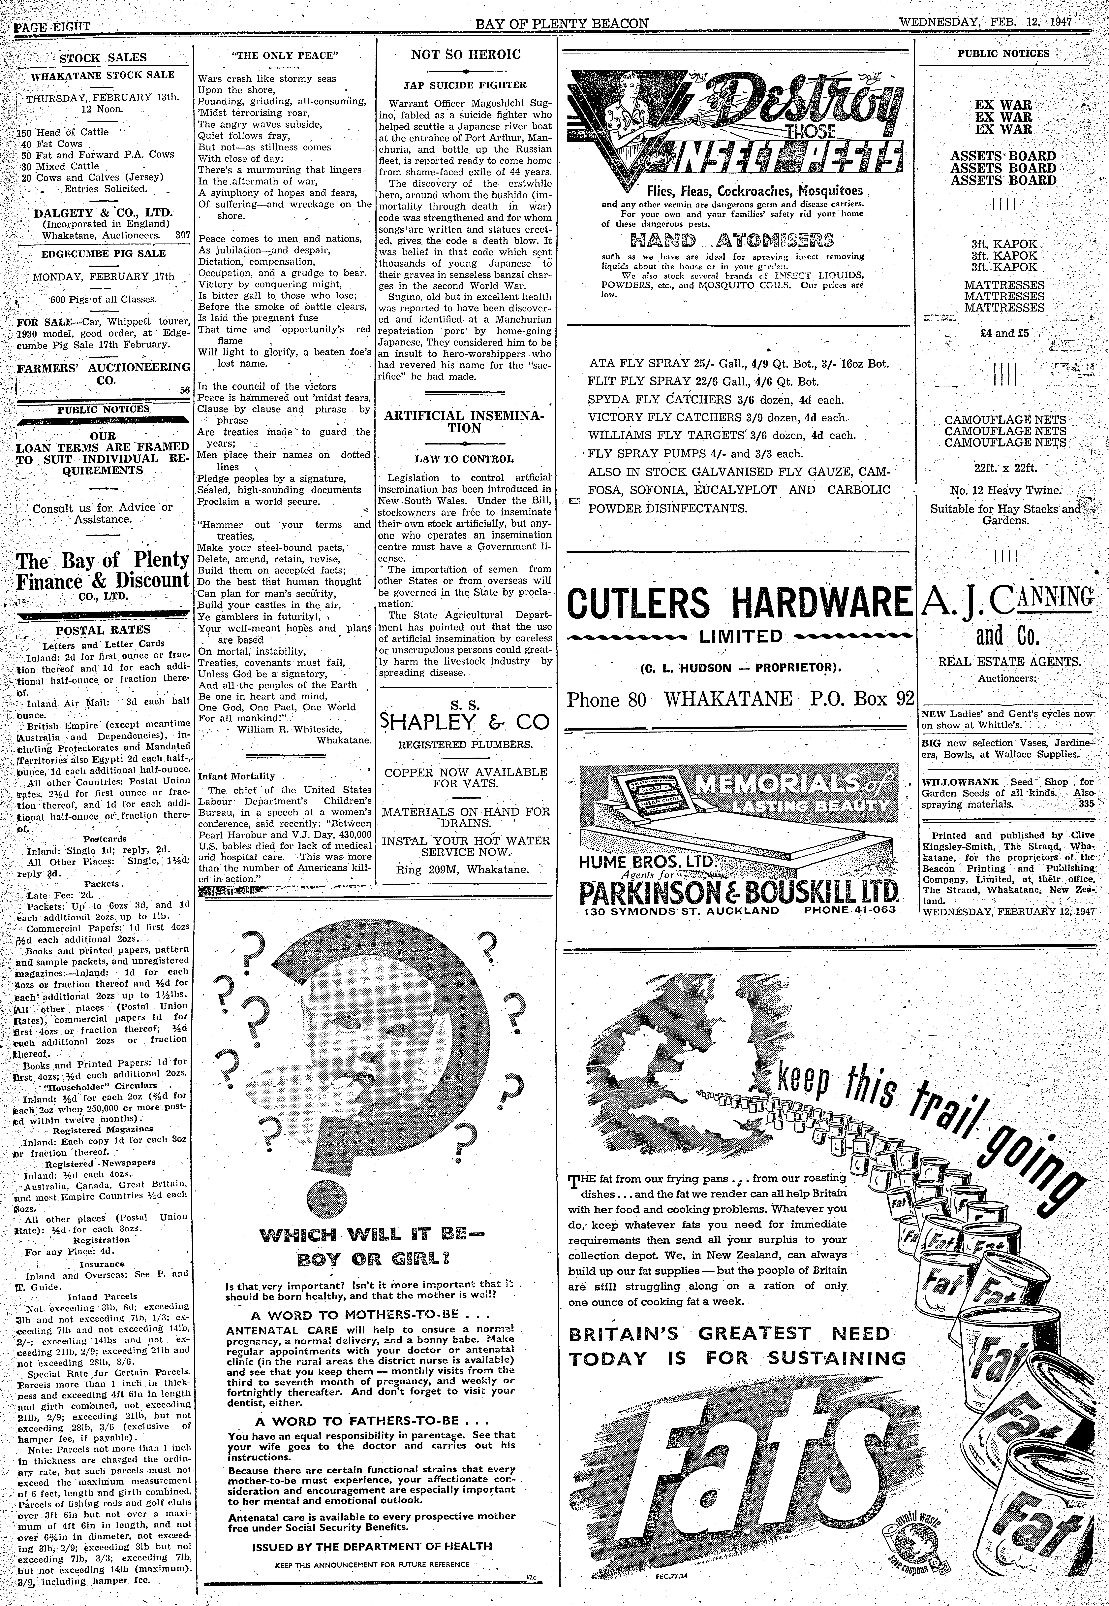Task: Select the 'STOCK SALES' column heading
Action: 103,58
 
